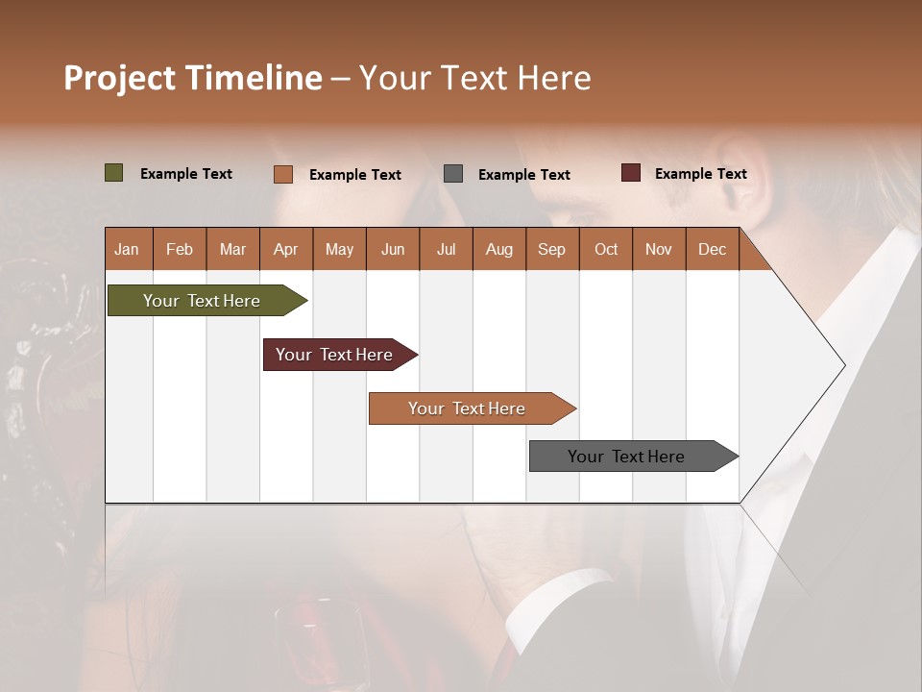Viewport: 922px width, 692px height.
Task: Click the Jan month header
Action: pos(127,250)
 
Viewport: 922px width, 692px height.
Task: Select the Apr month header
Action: pos(285,250)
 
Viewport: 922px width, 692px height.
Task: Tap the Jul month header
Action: pos(446,250)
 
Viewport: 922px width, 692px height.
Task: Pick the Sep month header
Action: pos(551,250)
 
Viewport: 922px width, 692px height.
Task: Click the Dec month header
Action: pos(712,250)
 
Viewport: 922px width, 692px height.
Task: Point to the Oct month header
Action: pos(606,250)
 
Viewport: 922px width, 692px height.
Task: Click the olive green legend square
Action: pos(114,173)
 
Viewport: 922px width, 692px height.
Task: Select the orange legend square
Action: pos(283,174)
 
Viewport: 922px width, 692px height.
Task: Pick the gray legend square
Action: pos(453,174)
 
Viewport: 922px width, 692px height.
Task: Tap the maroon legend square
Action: pos(630,173)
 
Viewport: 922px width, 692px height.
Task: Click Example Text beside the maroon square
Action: pos(700,174)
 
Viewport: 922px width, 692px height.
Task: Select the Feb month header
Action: pos(180,250)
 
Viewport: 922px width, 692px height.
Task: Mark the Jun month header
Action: pos(393,250)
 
